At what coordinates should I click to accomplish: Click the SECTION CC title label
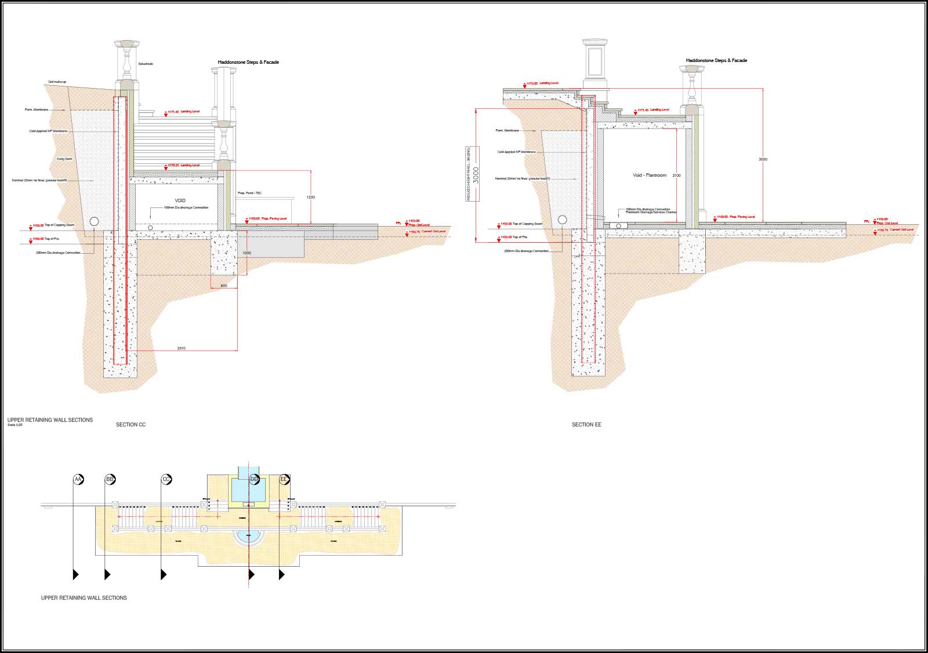tap(130, 425)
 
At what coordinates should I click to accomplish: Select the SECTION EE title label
tap(586, 425)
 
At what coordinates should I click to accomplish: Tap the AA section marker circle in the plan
tap(78, 480)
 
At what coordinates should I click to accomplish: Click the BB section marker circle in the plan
tap(110, 480)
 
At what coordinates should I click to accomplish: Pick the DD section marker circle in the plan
tap(254, 480)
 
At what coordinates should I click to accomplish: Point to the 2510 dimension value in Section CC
tap(182, 348)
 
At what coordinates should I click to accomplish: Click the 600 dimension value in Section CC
tap(224, 286)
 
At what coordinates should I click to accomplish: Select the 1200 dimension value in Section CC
tap(310, 198)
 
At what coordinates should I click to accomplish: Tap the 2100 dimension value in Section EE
tap(676, 175)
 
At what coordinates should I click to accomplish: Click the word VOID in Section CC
tap(180, 200)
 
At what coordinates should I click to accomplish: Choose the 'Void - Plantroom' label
tap(649, 175)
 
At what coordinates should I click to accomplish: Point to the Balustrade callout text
tap(146, 64)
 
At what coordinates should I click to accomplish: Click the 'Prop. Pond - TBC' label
tap(249, 193)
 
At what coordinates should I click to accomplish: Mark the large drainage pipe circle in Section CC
tap(95, 221)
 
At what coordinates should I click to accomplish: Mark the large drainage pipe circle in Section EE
tap(562, 220)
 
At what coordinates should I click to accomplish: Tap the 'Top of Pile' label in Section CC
tap(51, 239)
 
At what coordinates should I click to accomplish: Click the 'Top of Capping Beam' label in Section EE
tap(527, 224)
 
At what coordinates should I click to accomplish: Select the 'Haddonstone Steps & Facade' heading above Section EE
tap(716, 60)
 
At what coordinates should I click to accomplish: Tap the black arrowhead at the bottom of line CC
tap(164, 574)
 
